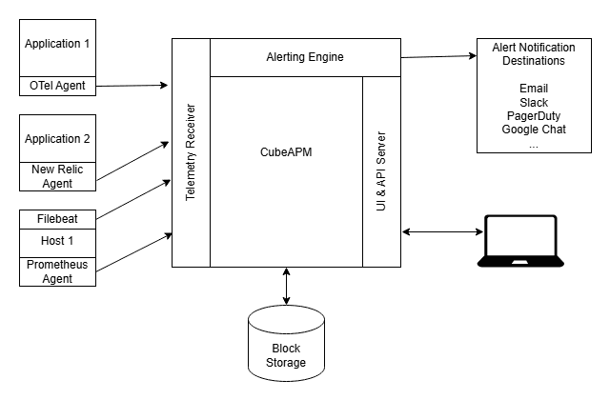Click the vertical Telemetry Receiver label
coord(191,152)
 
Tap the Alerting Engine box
coord(304,57)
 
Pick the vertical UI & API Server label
coord(380,171)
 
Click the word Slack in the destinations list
coord(534,102)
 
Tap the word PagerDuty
coord(534,115)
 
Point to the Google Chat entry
coord(534,129)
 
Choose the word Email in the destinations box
coord(534,89)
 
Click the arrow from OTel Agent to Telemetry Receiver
coord(133,86)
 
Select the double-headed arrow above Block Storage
coord(287,286)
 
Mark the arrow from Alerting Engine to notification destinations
coord(438,56)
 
